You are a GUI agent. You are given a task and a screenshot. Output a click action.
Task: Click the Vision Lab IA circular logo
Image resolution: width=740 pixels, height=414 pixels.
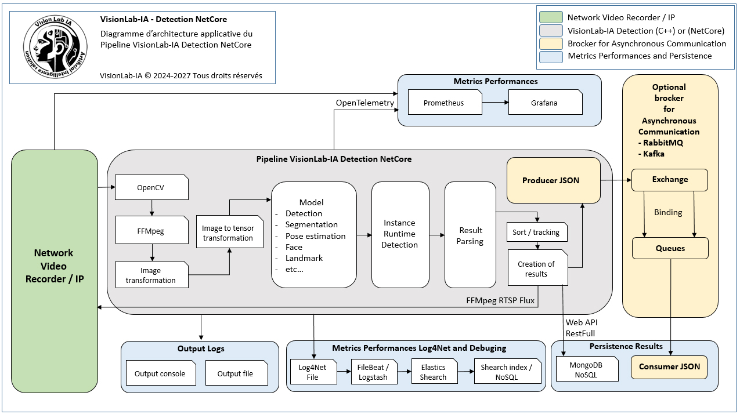(55, 47)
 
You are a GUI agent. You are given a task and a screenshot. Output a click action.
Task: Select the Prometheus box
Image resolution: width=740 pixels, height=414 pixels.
(445, 103)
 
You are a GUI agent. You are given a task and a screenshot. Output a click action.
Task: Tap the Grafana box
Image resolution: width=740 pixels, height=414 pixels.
(545, 103)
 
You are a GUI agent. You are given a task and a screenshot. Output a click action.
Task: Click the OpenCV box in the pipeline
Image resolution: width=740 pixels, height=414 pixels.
(151, 187)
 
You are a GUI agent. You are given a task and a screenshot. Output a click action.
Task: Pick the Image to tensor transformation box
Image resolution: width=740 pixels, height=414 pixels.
(230, 232)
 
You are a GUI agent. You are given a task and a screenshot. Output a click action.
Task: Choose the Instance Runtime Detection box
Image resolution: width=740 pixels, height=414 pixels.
(400, 234)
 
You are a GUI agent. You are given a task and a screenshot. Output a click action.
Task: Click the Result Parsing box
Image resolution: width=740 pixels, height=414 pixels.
(470, 234)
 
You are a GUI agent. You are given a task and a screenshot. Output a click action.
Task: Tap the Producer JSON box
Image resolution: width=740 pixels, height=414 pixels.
(553, 180)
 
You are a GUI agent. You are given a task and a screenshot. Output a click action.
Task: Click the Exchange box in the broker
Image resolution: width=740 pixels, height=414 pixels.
(670, 180)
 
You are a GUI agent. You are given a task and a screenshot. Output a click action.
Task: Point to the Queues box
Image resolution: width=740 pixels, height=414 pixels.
(670, 248)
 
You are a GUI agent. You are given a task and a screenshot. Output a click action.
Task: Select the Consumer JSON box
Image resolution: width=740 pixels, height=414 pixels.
(669, 367)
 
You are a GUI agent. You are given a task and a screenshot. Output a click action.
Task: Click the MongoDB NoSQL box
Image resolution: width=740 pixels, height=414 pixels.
(587, 369)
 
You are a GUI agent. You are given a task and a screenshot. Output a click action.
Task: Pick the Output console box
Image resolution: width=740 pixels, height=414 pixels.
(161, 373)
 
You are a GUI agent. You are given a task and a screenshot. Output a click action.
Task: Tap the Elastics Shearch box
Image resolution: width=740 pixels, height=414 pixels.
(434, 372)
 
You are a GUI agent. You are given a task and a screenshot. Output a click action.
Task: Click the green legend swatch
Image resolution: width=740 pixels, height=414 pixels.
(551, 17)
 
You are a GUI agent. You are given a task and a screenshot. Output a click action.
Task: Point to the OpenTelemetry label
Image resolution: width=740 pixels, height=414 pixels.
(364, 103)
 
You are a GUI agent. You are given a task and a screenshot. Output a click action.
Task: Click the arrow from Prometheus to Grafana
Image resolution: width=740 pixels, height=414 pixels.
(495, 103)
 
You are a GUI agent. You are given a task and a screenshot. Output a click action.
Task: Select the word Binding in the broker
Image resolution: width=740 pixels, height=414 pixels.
(668, 212)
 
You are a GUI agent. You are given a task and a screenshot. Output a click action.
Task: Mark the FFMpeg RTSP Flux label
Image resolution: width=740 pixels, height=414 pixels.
(500, 300)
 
